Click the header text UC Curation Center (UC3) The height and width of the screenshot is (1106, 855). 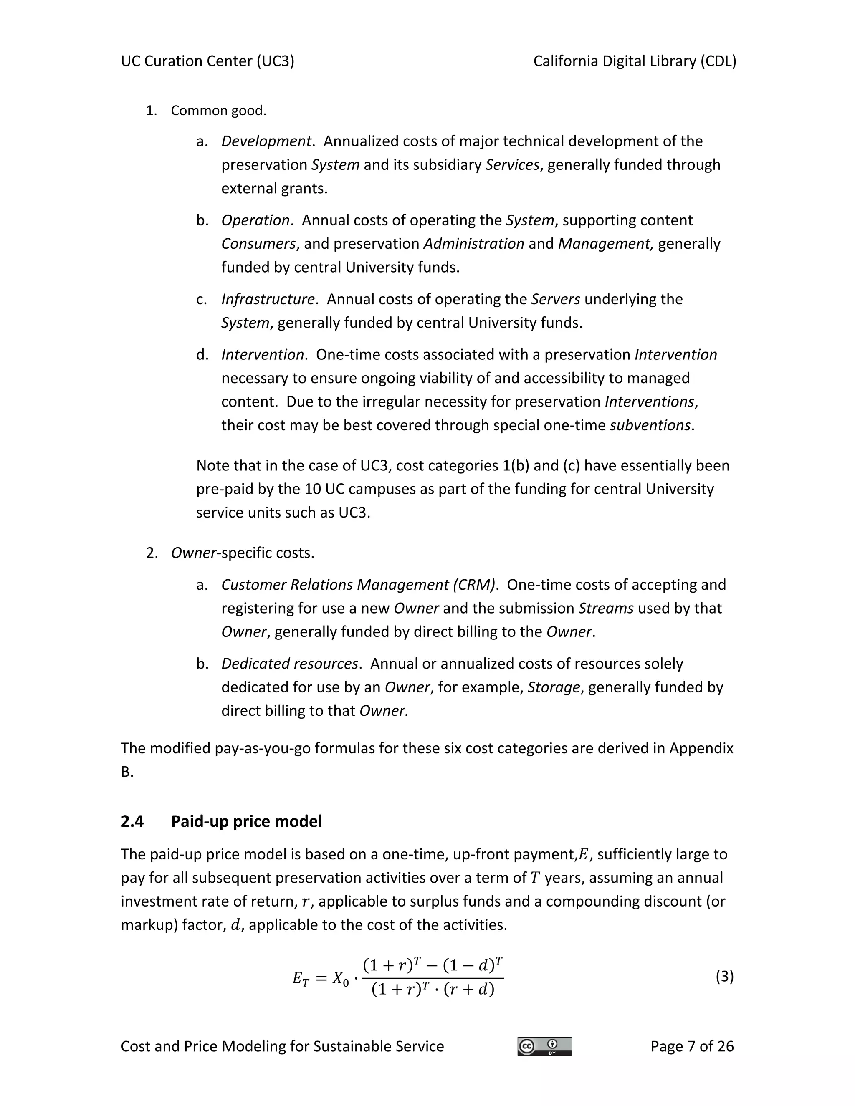[x=207, y=61]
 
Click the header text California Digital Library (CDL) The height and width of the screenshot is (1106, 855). [x=635, y=61]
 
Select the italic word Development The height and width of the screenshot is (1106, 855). [x=266, y=141]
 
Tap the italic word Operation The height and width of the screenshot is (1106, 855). [x=255, y=220]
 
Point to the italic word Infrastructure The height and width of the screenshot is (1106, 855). [x=268, y=299]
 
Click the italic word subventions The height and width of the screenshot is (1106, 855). [x=650, y=425]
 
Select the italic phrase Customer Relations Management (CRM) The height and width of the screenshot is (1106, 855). [x=358, y=585]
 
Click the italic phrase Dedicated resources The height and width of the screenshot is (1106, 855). [x=290, y=664]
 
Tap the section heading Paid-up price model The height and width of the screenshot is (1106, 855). [x=246, y=821]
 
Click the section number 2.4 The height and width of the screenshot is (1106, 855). [x=132, y=821]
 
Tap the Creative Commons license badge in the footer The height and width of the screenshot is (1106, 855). [x=544, y=1046]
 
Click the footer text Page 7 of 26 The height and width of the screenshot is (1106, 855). [x=692, y=1046]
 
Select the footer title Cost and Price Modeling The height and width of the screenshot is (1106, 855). [x=282, y=1046]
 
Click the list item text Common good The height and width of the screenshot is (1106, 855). [x=218, y=111]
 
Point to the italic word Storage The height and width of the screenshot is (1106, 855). [x=554, y=688]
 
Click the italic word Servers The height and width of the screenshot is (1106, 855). [x=555, y=299]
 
